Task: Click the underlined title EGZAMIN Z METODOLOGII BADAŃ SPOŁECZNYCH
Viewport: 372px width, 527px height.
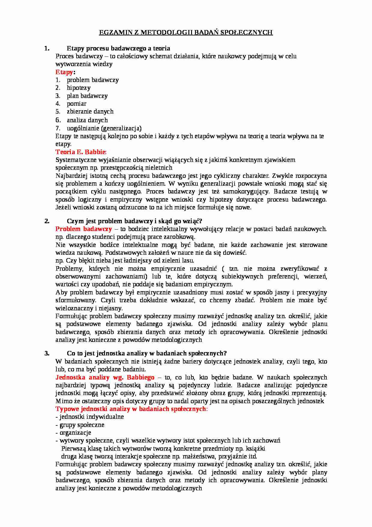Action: [x=186, y=32]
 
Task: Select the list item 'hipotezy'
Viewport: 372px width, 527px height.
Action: [x=79, y=88]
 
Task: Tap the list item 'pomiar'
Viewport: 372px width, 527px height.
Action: [x=76, y=104]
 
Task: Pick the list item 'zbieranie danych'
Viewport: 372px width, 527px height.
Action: [x=90, y=111]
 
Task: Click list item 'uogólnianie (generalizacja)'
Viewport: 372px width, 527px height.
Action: [x=104, y=128]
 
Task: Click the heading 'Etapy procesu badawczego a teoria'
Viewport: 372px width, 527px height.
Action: [x=118, y=48]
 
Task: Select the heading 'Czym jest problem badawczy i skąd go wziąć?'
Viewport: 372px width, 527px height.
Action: [x=134, y=221]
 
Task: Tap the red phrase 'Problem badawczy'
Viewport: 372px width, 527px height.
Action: [x=83, y=229]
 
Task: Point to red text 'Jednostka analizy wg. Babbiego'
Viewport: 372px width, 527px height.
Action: [x=105, y=377]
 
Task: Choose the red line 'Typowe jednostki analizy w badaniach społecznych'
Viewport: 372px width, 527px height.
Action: [x=131, y=409]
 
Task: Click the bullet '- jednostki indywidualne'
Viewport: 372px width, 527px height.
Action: [x=90, y=417]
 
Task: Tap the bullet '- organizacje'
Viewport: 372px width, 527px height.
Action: [x=73, y=433]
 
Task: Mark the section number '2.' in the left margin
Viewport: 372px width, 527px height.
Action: [x=47, y=221]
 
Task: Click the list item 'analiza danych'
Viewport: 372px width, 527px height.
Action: [x=87, y=120]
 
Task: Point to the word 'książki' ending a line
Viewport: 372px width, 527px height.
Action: [x=256, y=449]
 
